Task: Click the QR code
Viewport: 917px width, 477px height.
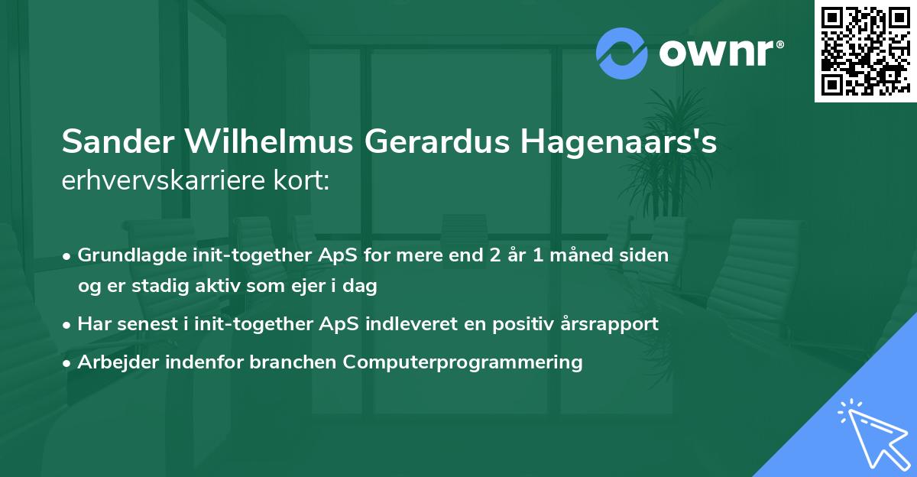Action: coord(865,51)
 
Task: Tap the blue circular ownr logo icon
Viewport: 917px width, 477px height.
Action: coord(621,53)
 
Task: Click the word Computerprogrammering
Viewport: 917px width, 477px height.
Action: coord(463,362)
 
